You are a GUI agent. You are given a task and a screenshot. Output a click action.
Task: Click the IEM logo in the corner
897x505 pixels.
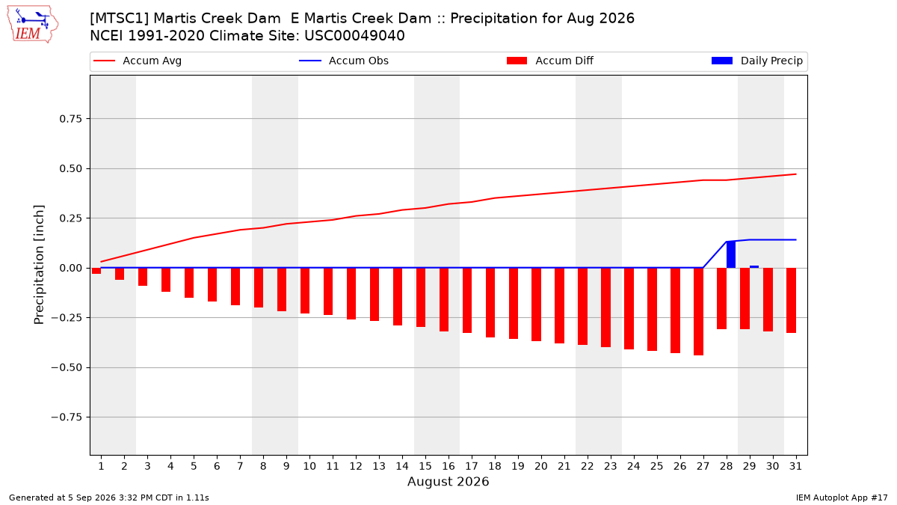click(x=33, y=25)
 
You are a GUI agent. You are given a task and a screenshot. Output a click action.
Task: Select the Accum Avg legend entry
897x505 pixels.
click(x=138, y=61)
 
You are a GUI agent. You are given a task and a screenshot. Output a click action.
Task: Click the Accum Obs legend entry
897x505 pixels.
click(x=344, y=61)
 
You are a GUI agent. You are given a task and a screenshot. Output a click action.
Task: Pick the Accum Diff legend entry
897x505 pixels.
click(x=550, y=61)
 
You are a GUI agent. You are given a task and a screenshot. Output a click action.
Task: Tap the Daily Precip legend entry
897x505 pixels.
click(x=756, y=61)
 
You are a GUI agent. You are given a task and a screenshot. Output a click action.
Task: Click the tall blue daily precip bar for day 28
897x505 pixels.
click(x=731, y=254)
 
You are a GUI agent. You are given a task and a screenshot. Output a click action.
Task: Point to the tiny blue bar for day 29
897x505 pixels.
click(x=754, y=266)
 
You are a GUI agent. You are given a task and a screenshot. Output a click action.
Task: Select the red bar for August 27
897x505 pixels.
click(x=698, y=311)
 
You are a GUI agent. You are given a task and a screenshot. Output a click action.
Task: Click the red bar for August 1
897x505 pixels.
click(x=96, y=271)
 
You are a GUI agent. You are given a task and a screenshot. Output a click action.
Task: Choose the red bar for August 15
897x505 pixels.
click(x=420, y=298)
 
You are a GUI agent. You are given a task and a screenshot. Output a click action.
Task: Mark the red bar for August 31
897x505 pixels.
click(x=791, y=300)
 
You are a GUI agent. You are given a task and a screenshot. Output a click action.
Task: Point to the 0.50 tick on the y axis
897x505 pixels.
click(x=70, y=169)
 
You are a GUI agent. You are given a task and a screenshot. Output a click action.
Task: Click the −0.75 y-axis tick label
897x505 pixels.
click(x=67, y=417)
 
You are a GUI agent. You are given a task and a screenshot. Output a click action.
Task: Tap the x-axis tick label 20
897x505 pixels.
click(x=541, y=466)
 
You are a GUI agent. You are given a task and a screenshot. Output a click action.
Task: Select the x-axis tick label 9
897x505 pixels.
click(x=286, y=466)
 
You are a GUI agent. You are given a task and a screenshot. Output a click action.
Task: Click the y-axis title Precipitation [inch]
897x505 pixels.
click(x=39, y=265)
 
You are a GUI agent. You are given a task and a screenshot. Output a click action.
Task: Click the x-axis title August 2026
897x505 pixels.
click(x=448, y=481)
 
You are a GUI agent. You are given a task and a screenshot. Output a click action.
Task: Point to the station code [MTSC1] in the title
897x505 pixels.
click(x=119, y=19)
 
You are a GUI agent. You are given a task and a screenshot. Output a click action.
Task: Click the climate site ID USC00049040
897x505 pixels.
click(x=354, y=36)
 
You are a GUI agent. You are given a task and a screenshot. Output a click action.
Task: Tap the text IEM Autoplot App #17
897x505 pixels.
click(x=842, y=498)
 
